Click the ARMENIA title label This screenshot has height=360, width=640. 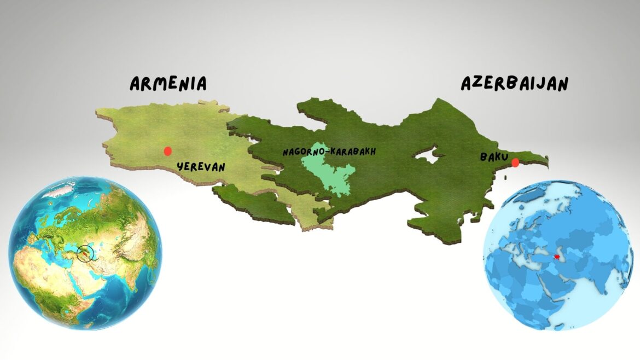click(168, 84)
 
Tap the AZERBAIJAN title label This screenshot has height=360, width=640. click(514, 83)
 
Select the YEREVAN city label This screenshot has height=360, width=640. click(201, 166)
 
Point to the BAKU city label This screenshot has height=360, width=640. click(494, 157)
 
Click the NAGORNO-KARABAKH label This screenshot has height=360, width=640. click(329, 152)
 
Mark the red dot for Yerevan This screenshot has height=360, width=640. click(167, 150)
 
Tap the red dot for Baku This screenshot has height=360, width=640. click(515, 162)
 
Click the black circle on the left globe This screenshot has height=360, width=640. click(85, 253)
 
